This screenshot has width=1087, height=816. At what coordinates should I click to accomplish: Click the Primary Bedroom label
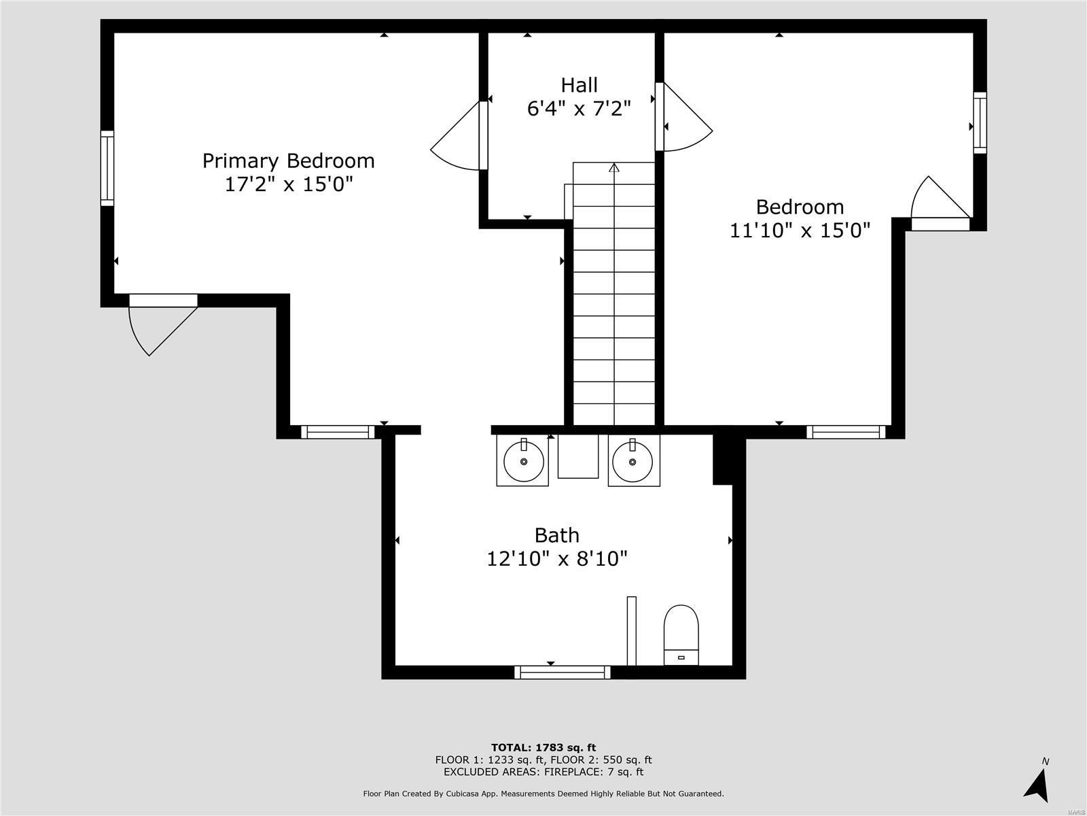[x=288, y=160]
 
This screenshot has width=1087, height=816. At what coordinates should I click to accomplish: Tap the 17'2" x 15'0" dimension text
[x=288, y=184]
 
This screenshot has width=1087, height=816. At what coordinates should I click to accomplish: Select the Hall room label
[x=579, y=85]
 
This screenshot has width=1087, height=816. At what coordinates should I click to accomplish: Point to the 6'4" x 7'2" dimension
[x=579, y=108]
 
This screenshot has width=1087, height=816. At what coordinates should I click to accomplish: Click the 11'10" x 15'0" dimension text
[x=800, y=231]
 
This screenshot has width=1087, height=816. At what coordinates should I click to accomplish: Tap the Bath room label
[x=556, y=535]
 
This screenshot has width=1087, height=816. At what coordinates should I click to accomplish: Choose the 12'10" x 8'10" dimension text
[x=556, y=559]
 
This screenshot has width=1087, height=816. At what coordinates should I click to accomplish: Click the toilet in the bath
[x=681, y=634]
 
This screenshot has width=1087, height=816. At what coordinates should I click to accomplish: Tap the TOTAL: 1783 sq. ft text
[x=543, y=747]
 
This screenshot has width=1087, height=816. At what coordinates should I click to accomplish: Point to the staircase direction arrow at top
[x=614, y=168]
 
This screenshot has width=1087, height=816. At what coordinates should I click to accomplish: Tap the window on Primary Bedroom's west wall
[x=107, y=168]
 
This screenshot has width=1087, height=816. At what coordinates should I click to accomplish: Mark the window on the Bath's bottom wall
[x=562, y=672]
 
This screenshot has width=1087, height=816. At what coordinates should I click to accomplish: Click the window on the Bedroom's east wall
[x=979, y=122]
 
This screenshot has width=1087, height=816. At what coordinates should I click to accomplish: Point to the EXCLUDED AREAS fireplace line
[x=543, y=772]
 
